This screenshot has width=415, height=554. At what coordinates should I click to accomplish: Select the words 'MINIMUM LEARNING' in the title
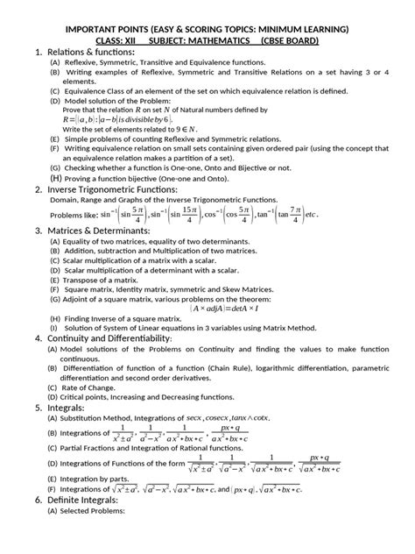(302, 27)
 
